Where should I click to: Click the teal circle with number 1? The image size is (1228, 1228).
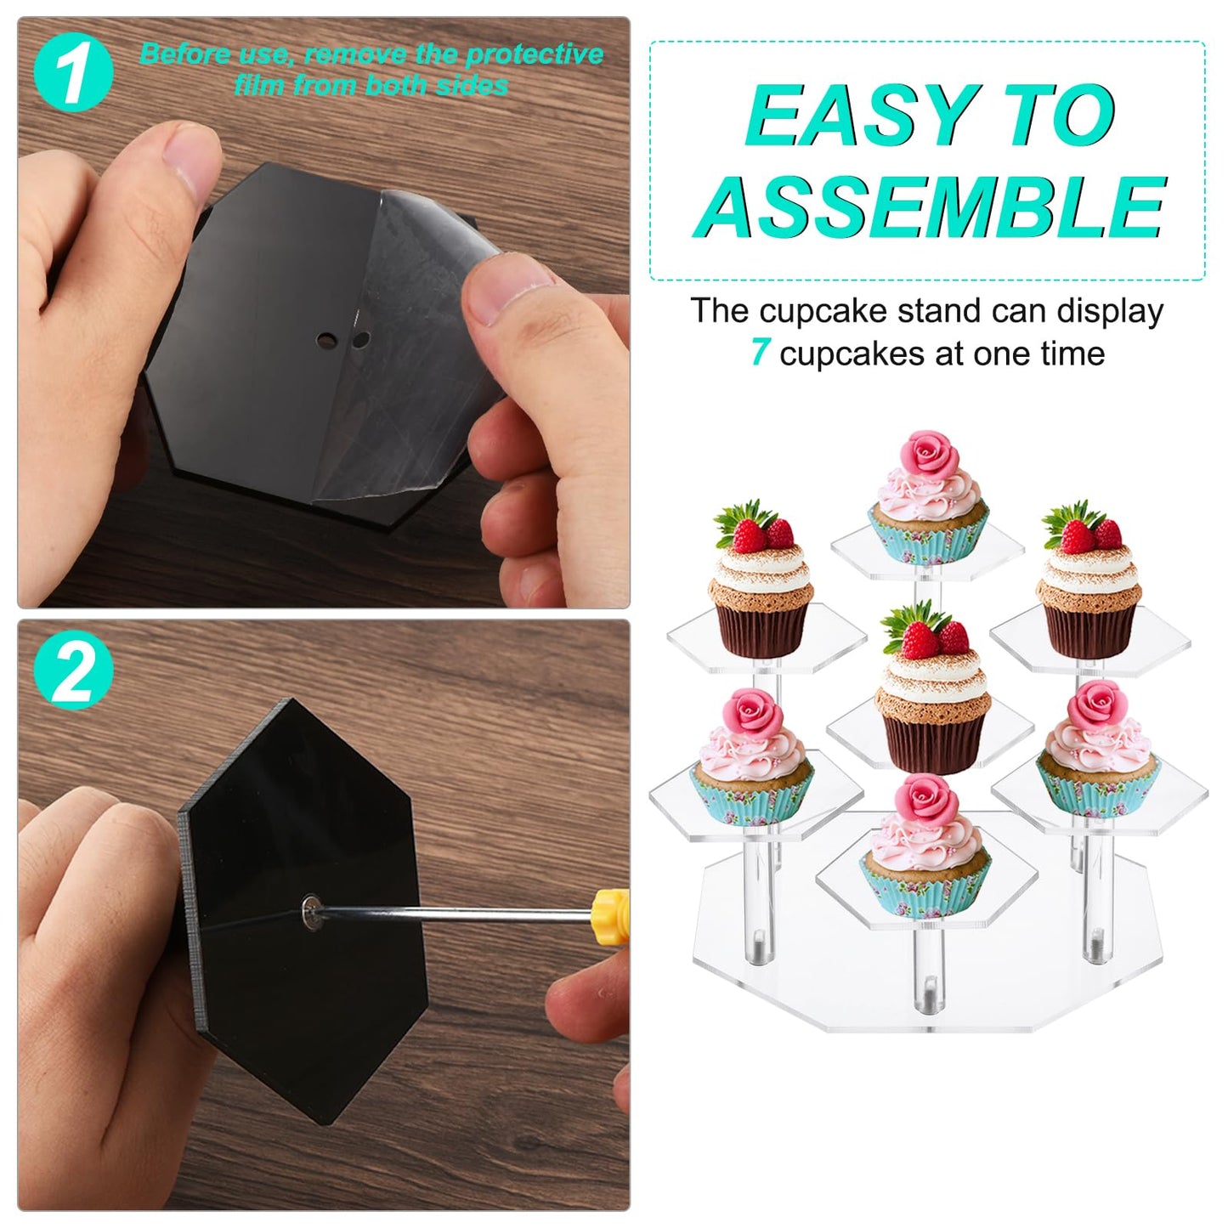tap(73, 72)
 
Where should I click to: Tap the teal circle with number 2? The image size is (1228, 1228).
tap(73, 671)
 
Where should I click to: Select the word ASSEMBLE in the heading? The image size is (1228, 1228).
tap(930, 206)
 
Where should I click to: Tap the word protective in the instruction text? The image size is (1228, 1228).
tap(534, 54)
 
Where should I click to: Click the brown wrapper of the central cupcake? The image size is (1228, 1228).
tap(934, 742)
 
